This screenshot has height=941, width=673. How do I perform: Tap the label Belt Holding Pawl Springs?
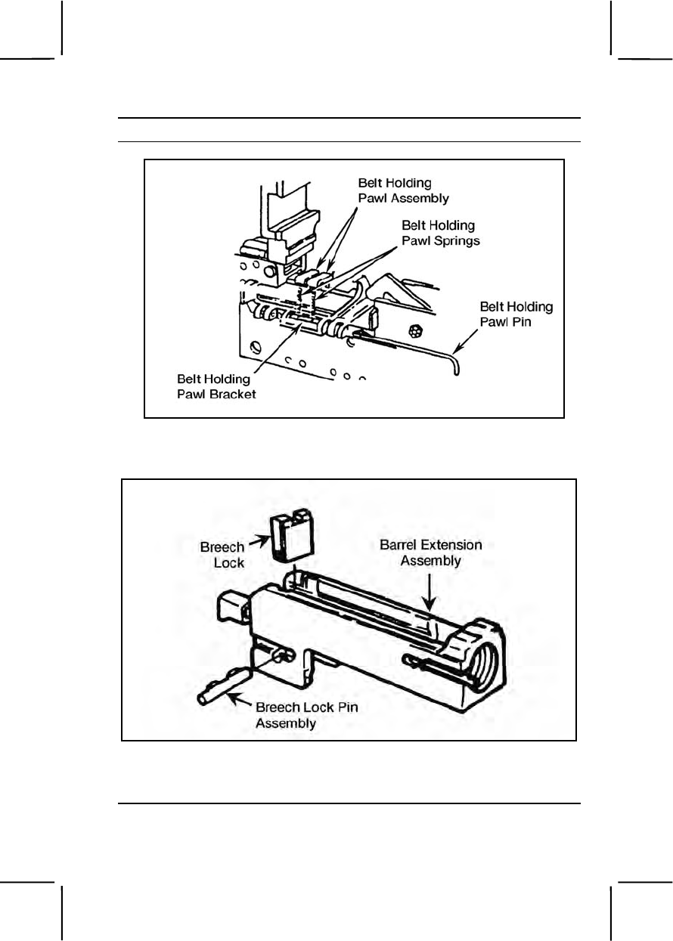pyautogui.click(x=441, y=232)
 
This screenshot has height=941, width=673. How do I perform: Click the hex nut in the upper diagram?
pyautogui.click(x=414, y=330)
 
